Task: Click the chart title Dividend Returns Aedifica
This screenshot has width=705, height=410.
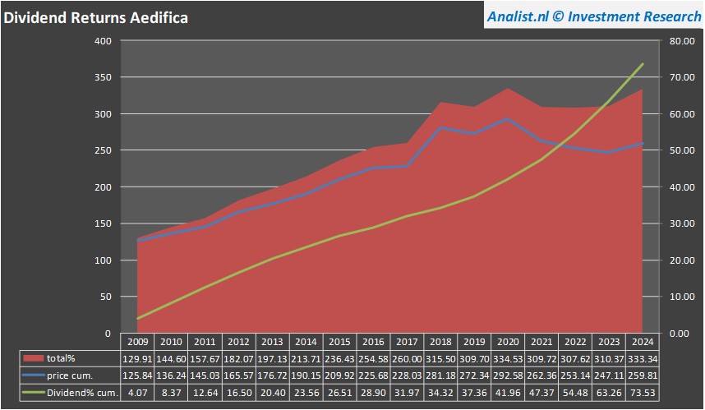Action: [x=96, y=18]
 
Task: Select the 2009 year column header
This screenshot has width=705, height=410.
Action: [x=137, y=341]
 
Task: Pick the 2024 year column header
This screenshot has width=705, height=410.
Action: [x=643, y=341]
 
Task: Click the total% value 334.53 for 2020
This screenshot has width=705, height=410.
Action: [x=509, y=358]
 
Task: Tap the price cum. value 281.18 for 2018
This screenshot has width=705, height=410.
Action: [x=441, y=375]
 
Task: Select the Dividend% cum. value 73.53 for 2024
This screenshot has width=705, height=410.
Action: [x=643, y=393]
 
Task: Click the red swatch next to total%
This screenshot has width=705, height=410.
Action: [x=34, y=358]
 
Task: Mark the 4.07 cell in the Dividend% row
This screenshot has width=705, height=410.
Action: [x=137, y=393]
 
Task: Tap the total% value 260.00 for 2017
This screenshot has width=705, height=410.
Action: [x=408, y=358]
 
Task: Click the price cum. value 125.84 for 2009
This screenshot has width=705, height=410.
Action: [x=137, y=375]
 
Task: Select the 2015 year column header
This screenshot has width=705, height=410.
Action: [x=340, y=341]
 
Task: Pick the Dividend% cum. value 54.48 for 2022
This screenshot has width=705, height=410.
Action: [x=576, y=393]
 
